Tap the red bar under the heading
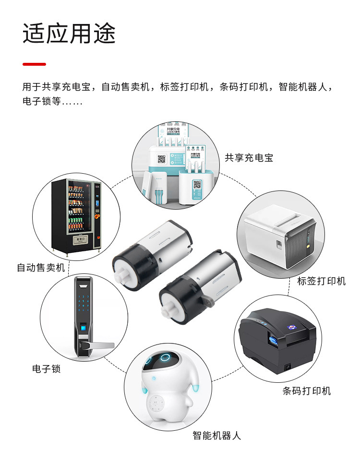(x=34, y=64)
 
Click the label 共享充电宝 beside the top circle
(x=249, y=158)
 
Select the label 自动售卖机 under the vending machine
(x=41, y=268)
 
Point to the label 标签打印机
(x=321, y=281)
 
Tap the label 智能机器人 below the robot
(x=216, y=436)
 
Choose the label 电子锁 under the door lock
(x=46, y=369)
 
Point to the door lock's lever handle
(x=98, y=345)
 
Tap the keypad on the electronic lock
(x=84, y=302)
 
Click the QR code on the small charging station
(x=197, y=184)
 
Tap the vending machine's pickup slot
(x=77, y=238)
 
